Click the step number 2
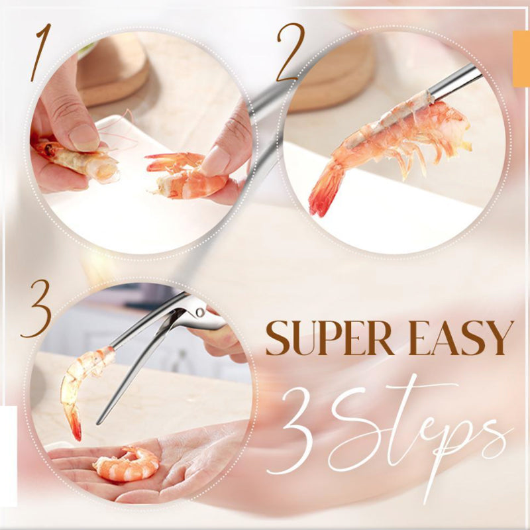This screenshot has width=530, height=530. [290, 52]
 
